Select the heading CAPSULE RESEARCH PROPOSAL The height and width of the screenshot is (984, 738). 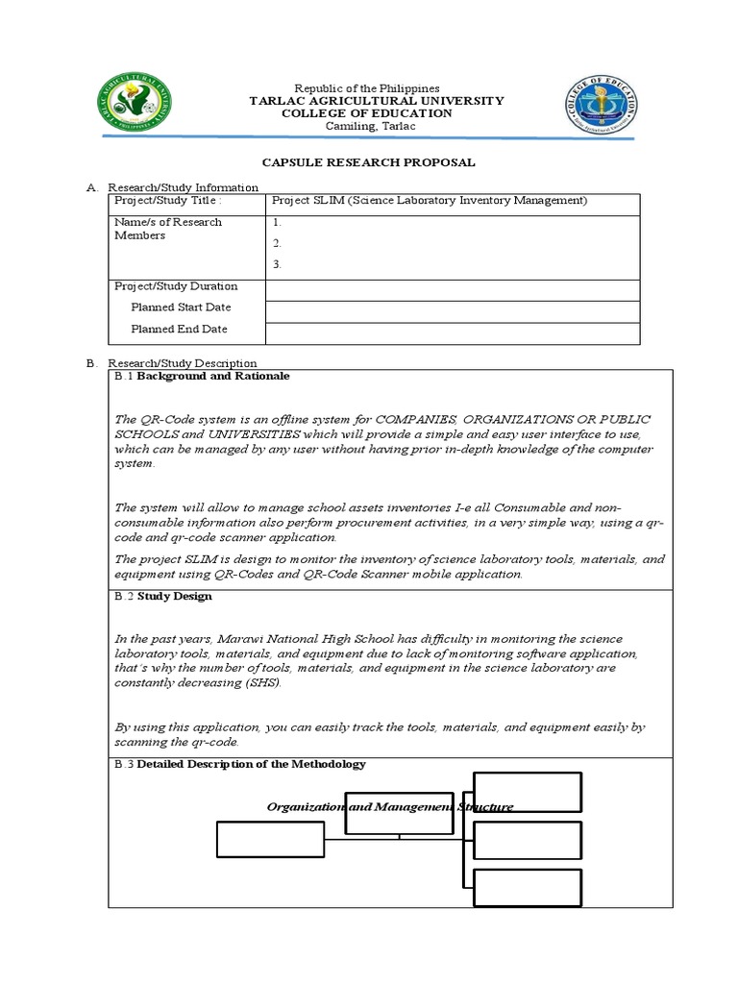coord(369,162)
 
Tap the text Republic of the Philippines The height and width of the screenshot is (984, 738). coord(367,87)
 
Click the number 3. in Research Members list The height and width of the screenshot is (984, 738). coord(278,263)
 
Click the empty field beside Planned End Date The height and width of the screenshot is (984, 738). coord(452,332)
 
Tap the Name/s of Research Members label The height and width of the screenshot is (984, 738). coord(168,229)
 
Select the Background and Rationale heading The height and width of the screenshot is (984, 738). coord(212,376)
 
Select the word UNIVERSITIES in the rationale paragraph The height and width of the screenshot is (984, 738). coord(220,434)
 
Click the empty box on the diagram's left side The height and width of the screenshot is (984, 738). coord(271,839)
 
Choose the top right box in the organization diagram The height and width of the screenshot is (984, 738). coord(528,792)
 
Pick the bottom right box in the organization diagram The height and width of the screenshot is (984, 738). coord(528,888)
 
